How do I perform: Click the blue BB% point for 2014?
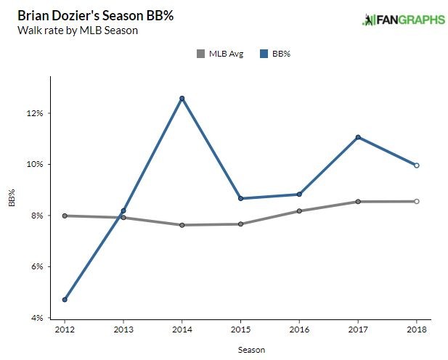[x=182, y=98]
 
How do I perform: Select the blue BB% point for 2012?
[x=65, y=300]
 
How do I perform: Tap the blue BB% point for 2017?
[x=358, y=137]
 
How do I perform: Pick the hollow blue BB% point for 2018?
[x=417, y=165]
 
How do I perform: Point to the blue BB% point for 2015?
[x=240, y=198]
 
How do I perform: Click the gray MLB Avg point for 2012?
[x=65, y=216]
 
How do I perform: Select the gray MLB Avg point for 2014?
[x=182, y=225]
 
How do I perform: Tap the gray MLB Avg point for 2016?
[x=299, y=211]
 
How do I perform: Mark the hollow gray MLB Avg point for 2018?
[x=417, y=201]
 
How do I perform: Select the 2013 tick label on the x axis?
[x=123, y=330]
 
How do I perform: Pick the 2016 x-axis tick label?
[x=299, y=330]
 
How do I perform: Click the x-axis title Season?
[x=251, y=350]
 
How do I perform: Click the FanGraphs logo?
[x=403, y=20]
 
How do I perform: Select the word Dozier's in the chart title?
[x=73, y=15]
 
